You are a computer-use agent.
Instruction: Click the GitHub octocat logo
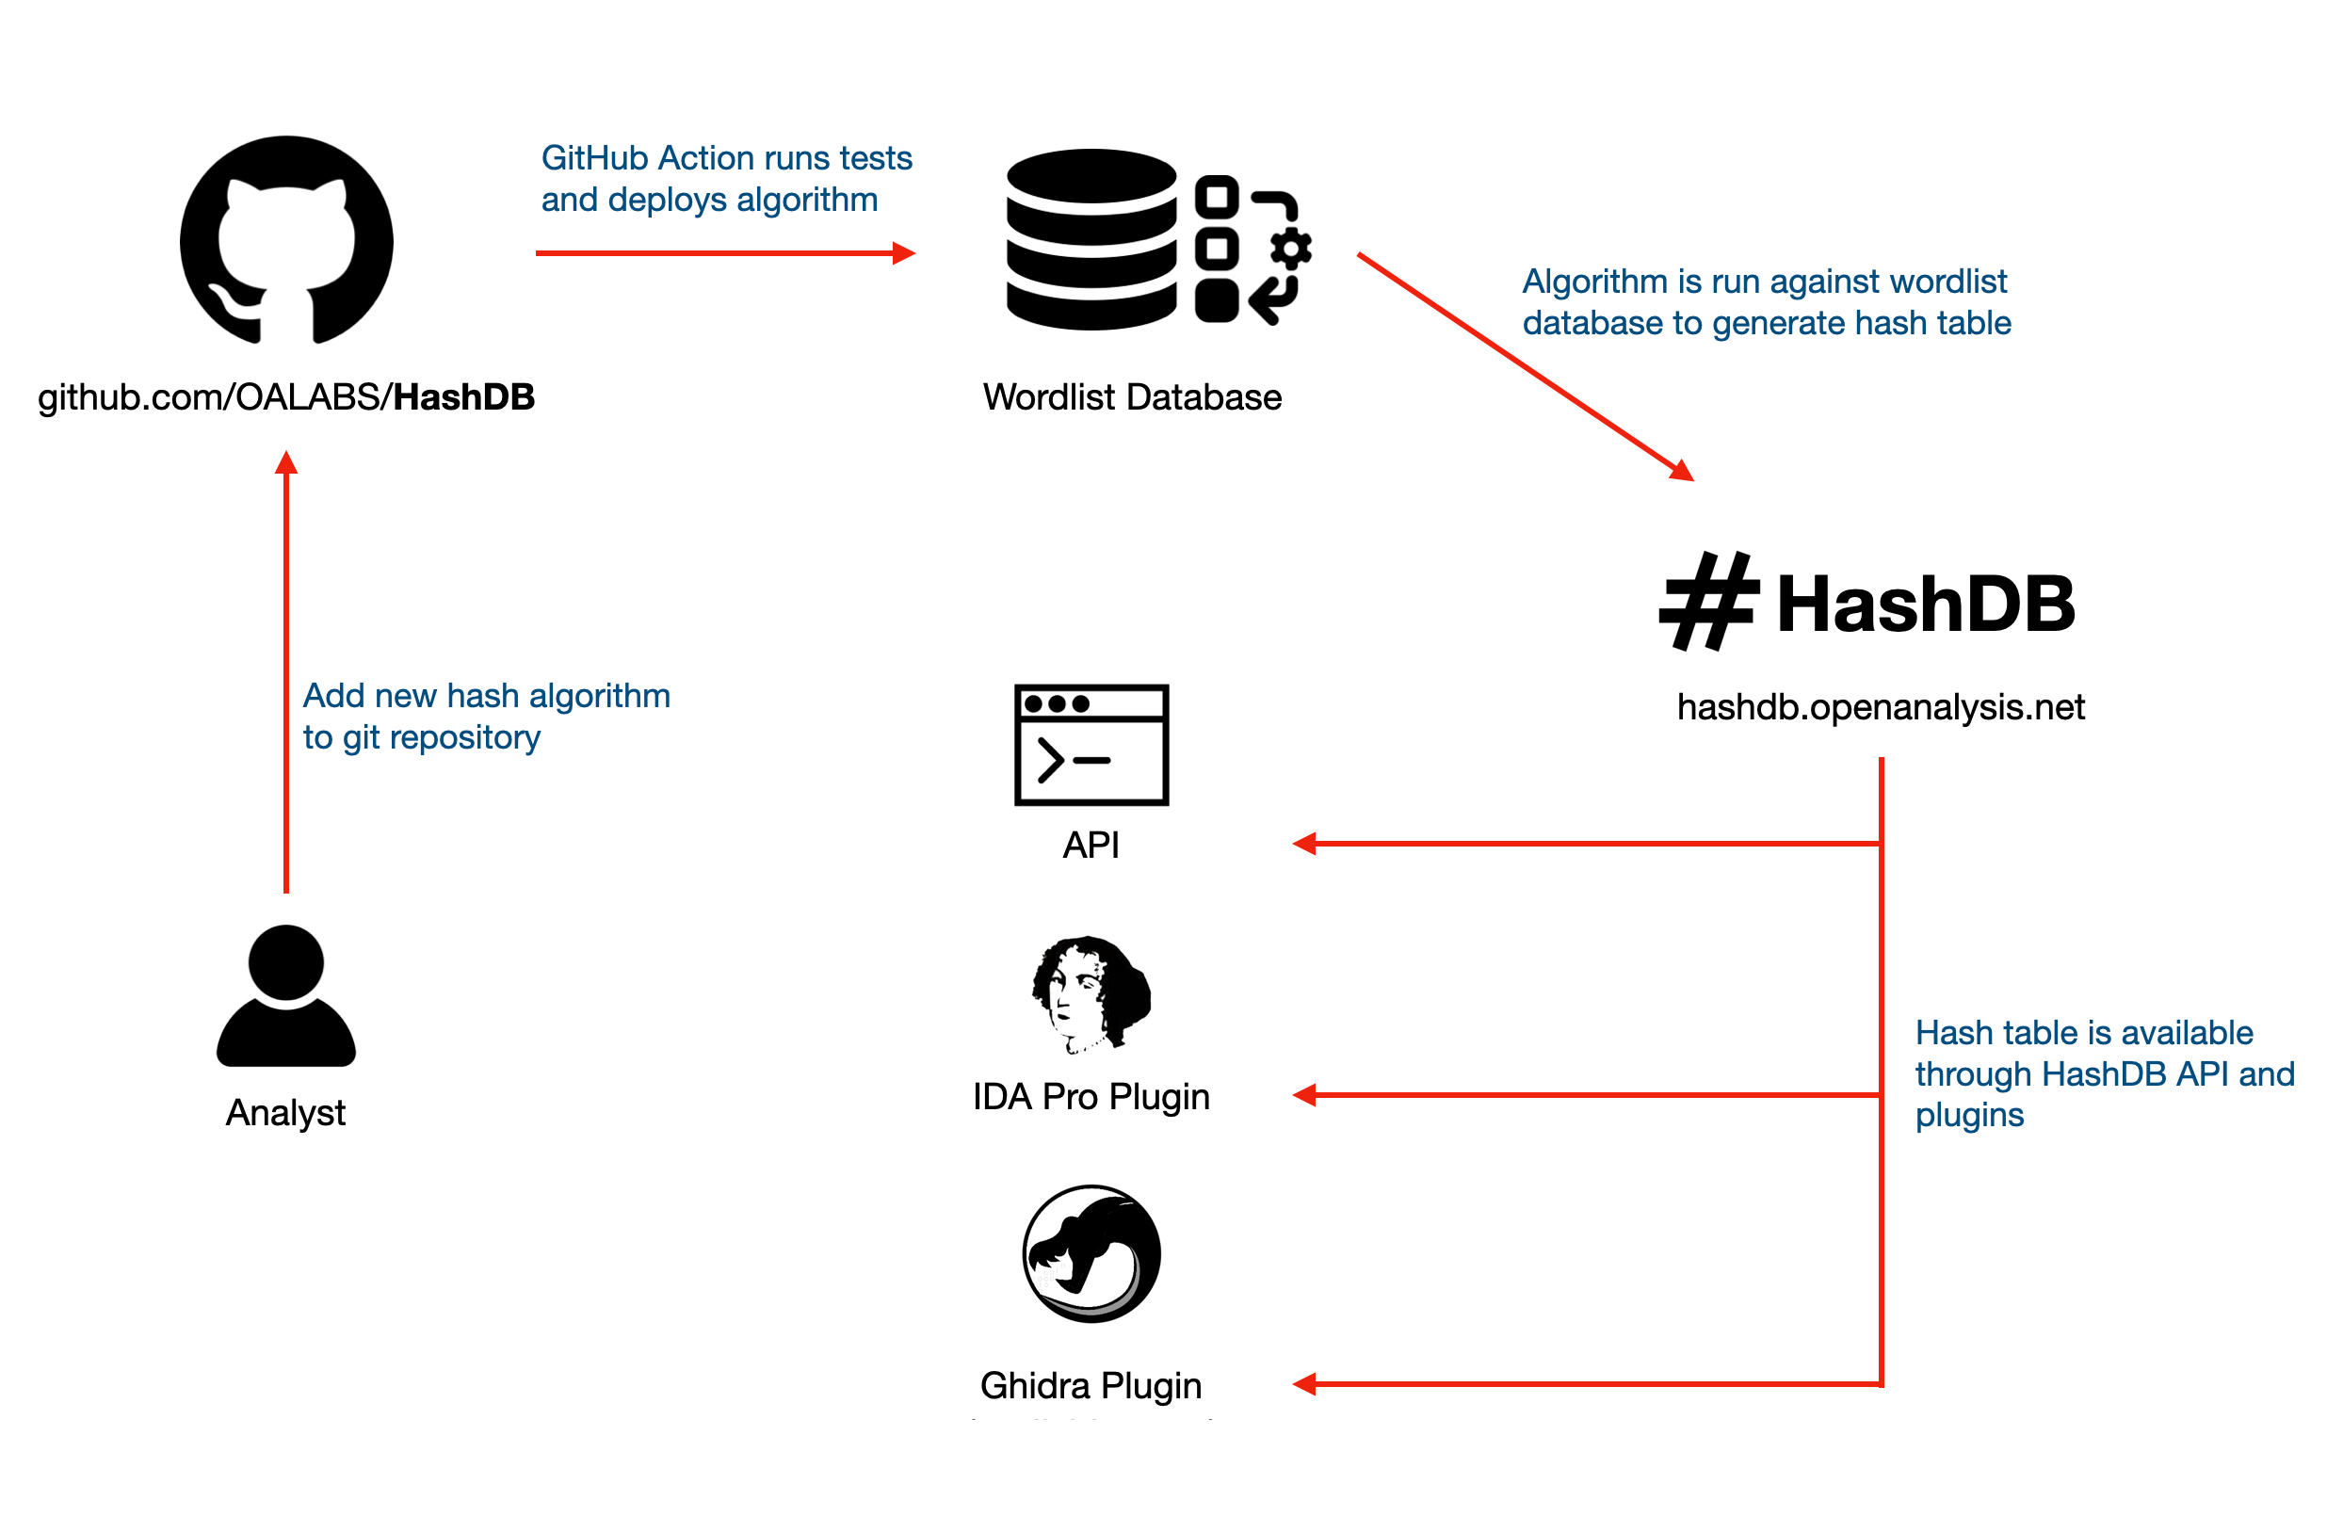tap(286, 241)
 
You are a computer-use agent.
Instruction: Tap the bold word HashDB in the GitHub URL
tap(463, 397)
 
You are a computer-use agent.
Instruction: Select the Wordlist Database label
tap(1132, 397)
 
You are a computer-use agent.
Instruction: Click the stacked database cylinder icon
tap(1091, 239)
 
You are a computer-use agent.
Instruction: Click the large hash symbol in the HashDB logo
tap(1709, 601)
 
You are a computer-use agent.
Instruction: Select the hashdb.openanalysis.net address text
tap(1881, 708)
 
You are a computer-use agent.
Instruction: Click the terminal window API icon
tap(1091, 745)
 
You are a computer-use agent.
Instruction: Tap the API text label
tap(1091, 846)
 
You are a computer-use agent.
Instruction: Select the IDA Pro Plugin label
tap(1091, 1098)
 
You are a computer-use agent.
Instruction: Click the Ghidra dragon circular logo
tap(1091, 1254)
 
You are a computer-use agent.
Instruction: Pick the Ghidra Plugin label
tap(1091, 1386)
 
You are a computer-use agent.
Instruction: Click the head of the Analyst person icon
tap(286, 962)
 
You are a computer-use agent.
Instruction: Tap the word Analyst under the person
tap(285, 1113)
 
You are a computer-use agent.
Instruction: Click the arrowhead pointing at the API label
tap(1304, 844)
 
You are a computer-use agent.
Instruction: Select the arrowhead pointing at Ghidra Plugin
tap(1304, 1385)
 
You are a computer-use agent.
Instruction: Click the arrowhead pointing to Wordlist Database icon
tap(903, 254)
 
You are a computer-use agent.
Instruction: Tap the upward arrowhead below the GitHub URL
tap(286, 462)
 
